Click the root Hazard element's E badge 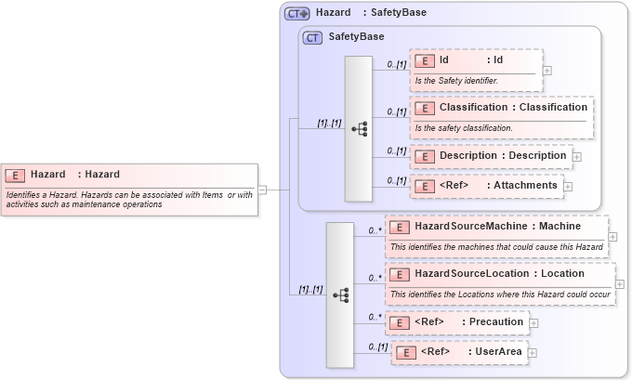15,175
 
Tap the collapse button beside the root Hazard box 262,190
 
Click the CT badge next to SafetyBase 313,37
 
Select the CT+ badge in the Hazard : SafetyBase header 296,13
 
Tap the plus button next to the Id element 547,70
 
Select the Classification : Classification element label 513,108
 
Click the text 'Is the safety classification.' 464,127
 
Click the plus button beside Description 577,156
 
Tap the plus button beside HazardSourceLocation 620,283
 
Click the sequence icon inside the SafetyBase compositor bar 359,129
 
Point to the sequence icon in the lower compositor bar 340,295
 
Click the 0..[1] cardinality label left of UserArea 377,347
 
